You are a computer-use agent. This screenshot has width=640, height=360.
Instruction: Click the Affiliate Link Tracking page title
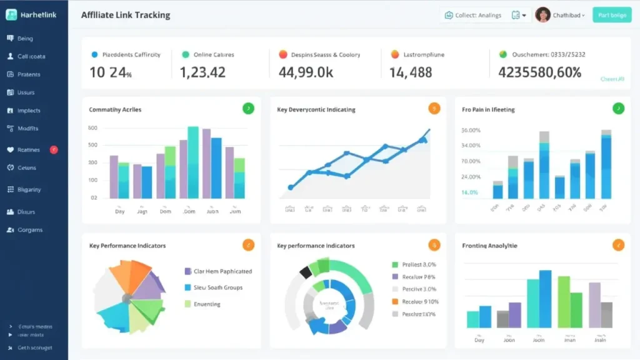(x=125, y=15)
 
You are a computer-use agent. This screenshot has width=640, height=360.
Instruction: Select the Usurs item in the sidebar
(x=26, y=92)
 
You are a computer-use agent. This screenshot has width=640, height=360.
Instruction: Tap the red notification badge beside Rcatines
(x=54, y=149)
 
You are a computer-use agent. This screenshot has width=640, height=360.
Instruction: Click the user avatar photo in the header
(x=542, y=15)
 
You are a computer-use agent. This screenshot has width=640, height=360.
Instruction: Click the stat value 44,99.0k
(x=306, y=72)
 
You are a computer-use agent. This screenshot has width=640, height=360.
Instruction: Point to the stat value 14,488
(x=411, y=72)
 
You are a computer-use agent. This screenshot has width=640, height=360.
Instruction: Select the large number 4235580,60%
(x=539, y=72)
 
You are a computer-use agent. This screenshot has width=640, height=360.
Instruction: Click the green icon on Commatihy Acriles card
(x=248, y=109)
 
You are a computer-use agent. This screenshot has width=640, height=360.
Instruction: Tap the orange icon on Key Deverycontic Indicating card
(x=434, y=109)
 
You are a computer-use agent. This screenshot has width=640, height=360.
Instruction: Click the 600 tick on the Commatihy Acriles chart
(x=93, y=128)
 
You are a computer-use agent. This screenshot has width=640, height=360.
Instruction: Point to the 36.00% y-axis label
(x=471, y=131)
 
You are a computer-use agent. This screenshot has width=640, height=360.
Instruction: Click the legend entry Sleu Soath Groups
(x=217, y=287)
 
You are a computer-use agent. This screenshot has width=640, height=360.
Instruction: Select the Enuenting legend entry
(x=206, y=304)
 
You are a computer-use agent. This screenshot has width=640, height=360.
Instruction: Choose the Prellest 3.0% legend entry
(x=419, y=264)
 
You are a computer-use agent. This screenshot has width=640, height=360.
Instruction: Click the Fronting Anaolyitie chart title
(x=489, y=246)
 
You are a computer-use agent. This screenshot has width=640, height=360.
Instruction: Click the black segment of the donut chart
(x=306, y=272)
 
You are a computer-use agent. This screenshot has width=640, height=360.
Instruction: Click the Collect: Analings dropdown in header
(x=484, y=15)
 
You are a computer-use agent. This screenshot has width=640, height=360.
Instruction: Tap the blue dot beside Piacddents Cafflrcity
(x=94, y=55)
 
